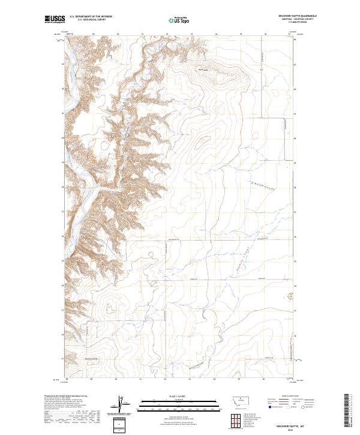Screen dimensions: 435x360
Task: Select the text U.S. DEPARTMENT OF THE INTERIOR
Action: point(91,16)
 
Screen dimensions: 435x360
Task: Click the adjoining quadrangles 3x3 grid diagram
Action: point(233,419)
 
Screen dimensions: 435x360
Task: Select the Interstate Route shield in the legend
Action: point(270,406)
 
